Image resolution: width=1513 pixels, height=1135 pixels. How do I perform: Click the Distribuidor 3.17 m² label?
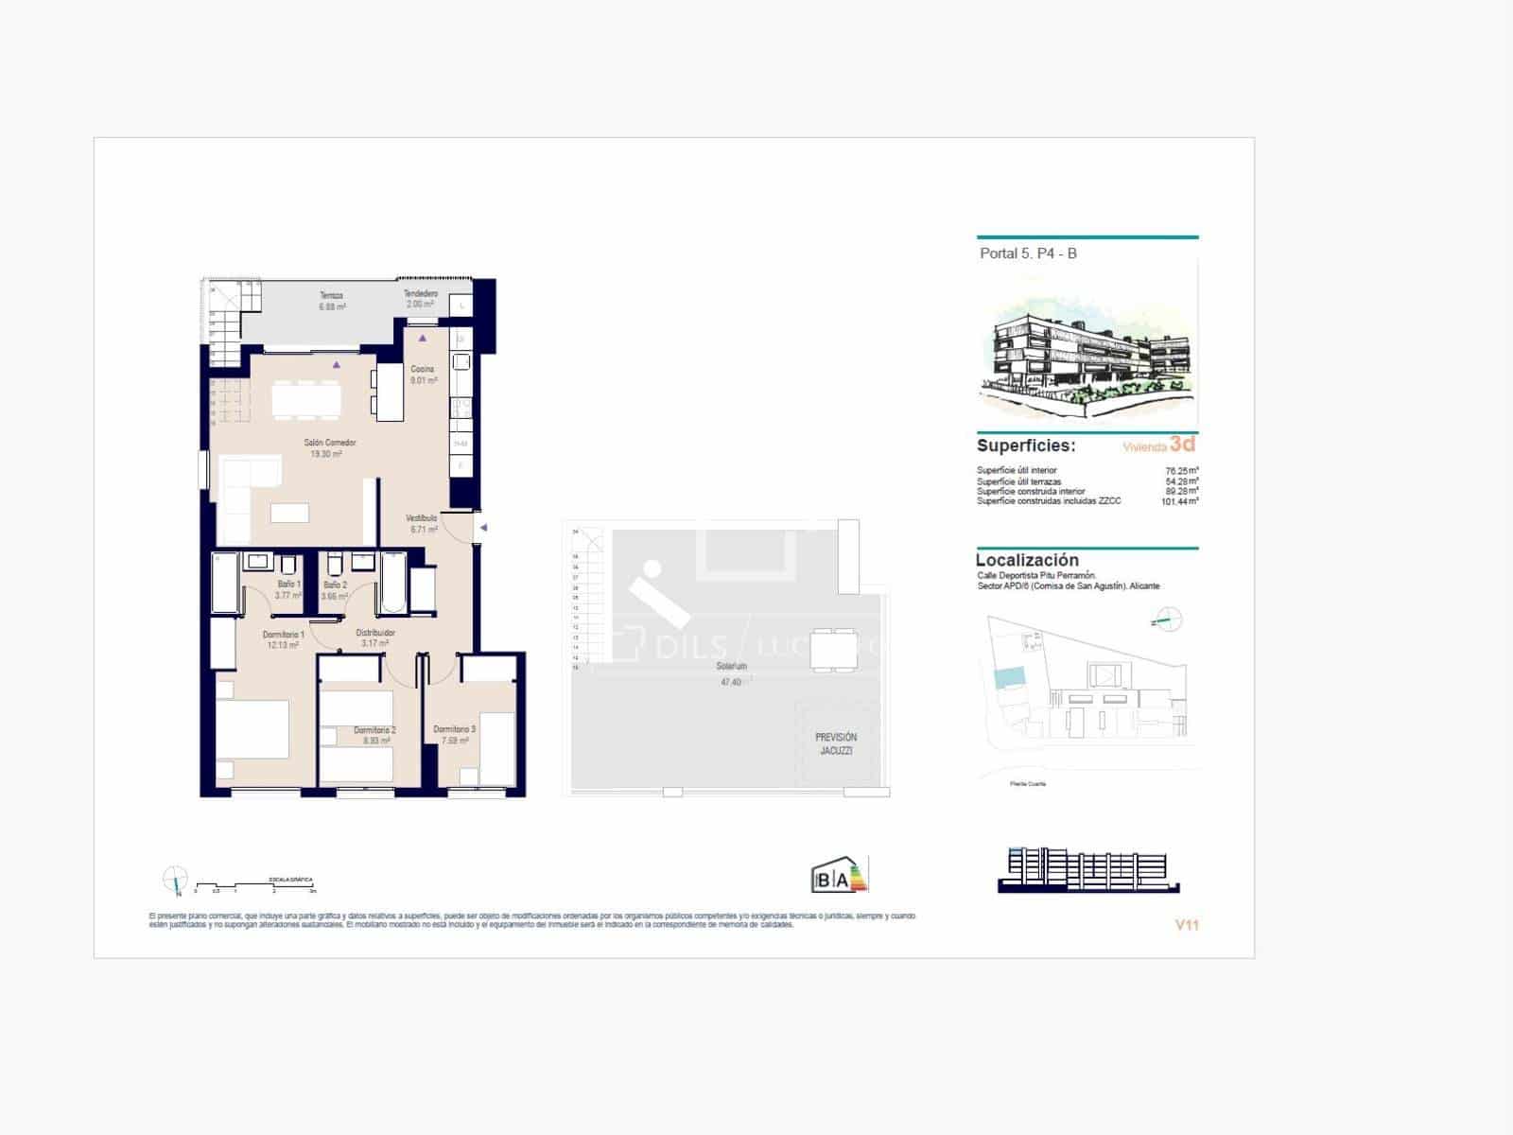[375, 637]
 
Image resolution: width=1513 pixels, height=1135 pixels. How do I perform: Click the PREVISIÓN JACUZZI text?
[836, 743]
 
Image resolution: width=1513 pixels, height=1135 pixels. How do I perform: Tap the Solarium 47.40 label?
[731, 673]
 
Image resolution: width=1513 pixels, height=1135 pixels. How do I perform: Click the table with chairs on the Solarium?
[835, 650]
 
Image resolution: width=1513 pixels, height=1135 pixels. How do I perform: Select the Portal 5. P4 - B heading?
[1028, 253]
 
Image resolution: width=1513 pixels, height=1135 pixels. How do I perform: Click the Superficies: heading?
[1026, 445]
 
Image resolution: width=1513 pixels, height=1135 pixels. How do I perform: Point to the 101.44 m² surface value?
[1179, 501]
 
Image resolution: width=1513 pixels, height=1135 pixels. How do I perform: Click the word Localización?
[1027, 560]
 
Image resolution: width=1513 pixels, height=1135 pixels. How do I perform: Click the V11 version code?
[1187, 925]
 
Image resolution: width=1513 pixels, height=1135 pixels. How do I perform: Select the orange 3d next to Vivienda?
[1182, 445]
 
